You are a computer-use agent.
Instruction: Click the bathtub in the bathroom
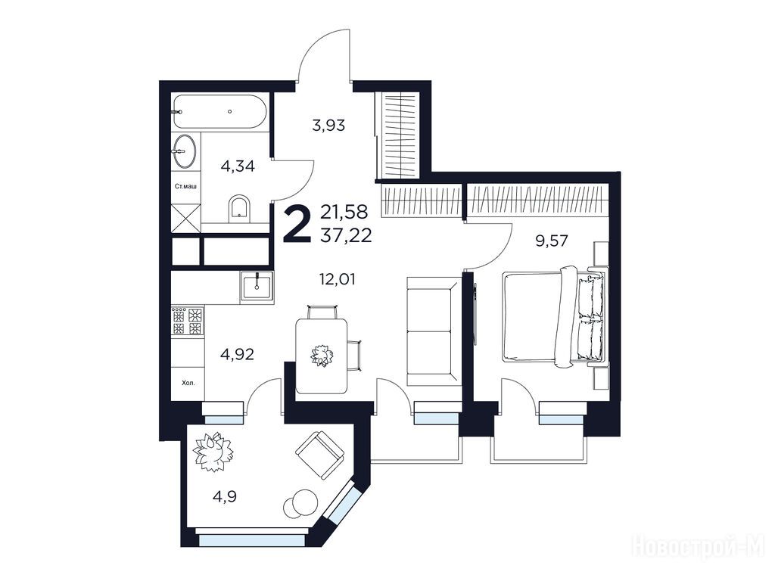click(x=220, y=112)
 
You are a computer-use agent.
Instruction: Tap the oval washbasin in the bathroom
click(x=184, y=151)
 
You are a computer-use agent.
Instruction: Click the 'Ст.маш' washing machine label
click(x=186, y=187)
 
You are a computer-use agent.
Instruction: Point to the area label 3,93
click(x=328, y=125)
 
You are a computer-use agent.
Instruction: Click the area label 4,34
click(x=238, y=166)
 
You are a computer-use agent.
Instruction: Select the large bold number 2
click(x=297, y=225)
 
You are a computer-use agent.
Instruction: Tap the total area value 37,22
click(x=346, y=236)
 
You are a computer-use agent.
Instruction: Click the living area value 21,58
click(x=344, y=212)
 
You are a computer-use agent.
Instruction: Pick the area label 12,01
click(x=337, y=280)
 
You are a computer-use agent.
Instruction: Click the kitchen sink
click(x=257, y=287)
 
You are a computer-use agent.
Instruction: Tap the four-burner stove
click(x=188, y=321)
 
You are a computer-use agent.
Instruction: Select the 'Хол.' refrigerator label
click(x=188, y=382)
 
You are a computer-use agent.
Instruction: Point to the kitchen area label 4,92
click(x=237, y=354)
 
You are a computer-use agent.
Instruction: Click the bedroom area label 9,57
click(x=552, y=241)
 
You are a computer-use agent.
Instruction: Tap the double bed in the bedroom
click(x=553, y=315)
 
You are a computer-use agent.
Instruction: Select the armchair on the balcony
click(x=319, y=455)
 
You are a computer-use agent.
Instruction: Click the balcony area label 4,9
click(x=225, y=496)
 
